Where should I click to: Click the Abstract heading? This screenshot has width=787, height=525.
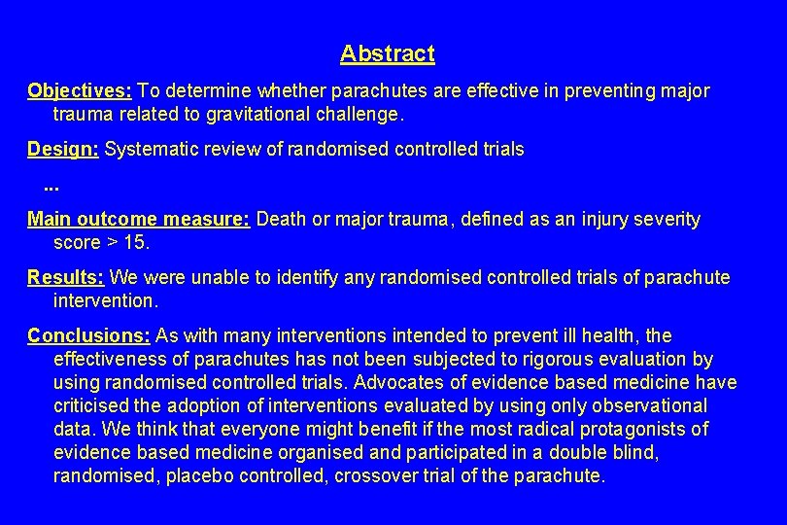tap(387, 53)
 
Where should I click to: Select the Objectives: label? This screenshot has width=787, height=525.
tap(80, 91)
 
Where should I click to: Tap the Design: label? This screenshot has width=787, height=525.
tap(63, 149)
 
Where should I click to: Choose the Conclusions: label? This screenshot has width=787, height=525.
tap(88, 335)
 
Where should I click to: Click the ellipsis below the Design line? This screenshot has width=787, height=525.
tap(52, 184)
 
